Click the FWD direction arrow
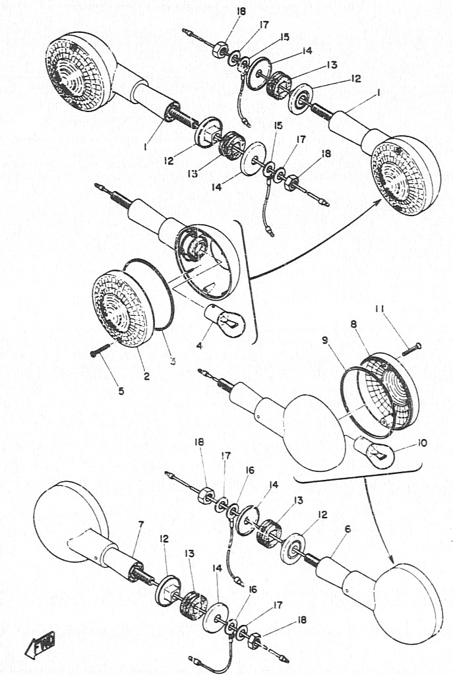coord(40,645)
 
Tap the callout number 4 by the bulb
coord(199,345)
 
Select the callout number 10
coord(423,442)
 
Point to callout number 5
coord(121,391)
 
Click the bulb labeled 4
coord(226,319)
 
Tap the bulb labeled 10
coord(373,454)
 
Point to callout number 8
coord(353,324)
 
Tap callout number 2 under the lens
coord(147,376)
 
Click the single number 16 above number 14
coord(250,471)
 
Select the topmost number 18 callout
coord(241,11)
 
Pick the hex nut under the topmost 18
coord(220,49)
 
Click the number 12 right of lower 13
coord(322,514)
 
